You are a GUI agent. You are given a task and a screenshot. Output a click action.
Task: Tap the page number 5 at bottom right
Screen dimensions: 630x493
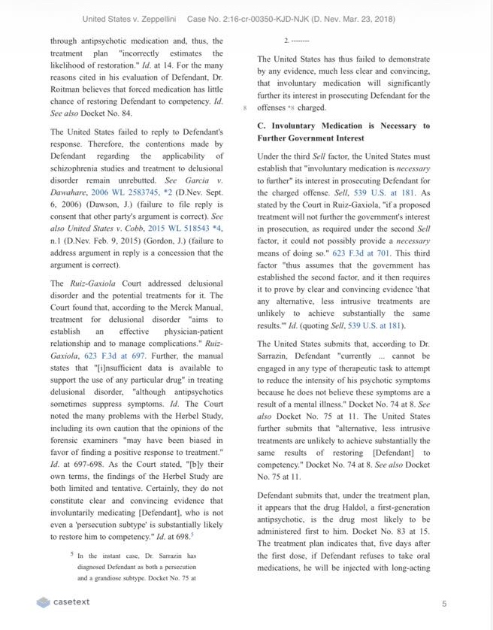click(444, 604)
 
